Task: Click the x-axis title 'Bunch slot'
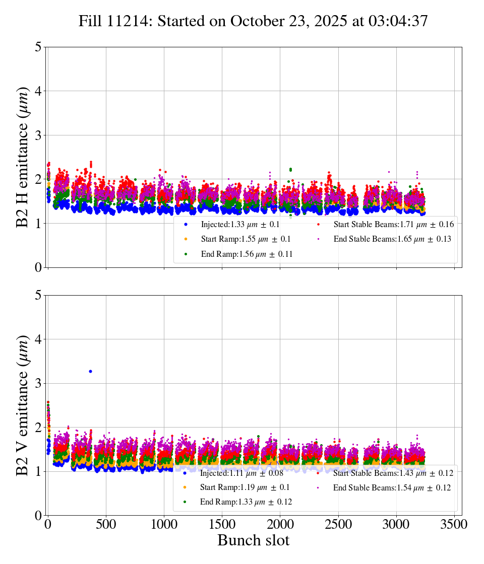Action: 253,540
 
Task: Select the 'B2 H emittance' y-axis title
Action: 23,157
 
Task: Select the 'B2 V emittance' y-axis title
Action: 23,405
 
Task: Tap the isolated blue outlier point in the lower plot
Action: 90,371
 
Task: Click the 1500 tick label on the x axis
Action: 222,524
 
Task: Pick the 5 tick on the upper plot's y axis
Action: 37,47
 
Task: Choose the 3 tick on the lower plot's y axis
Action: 37,383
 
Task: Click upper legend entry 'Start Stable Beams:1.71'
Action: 386,224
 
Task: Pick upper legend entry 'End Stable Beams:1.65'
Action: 385,239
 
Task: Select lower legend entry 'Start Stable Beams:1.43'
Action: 386,473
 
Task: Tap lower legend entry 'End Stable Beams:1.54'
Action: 385,487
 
